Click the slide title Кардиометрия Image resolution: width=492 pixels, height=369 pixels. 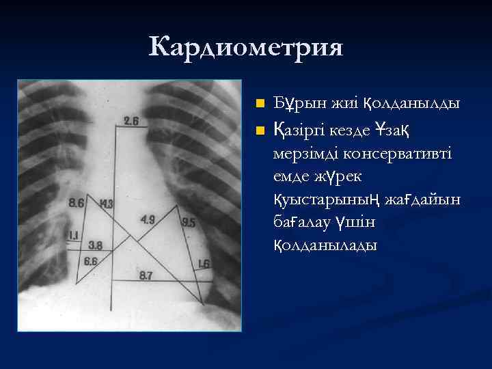click(x=245, y=47)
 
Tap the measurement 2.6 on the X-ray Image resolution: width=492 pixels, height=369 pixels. click(x=131, y=122)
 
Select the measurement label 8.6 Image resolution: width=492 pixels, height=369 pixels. click(x=77, y=203)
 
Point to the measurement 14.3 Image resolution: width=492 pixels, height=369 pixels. click(x=106, y=204)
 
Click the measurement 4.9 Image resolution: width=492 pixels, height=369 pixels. click(x=148, y=219)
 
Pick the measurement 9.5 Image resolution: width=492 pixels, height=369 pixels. click(x=189, y=223)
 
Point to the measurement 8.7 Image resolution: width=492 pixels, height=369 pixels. click(x=146, y=275)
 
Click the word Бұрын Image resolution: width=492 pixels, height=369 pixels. click(x=293, y=104)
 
